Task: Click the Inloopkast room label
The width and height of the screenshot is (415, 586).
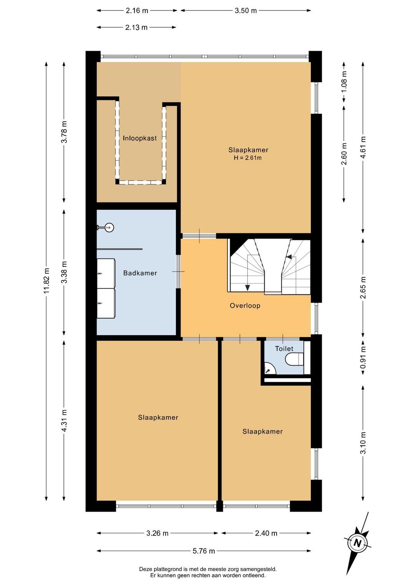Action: (x=140, y=138)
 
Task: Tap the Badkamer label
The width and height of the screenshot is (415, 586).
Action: (x=140, y=273)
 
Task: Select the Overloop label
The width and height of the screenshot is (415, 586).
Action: (x=245, y=306)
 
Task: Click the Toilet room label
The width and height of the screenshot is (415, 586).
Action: (x=284, y=348)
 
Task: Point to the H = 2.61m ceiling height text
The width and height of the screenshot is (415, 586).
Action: (x=248, y=158)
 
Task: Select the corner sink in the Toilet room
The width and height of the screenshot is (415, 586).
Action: (x=269, y=368)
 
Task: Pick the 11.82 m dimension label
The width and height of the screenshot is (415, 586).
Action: (x=46, y=281)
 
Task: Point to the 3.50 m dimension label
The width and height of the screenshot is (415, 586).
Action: (x=246, y=11)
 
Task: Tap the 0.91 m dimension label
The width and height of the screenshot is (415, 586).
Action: (x=363, y=358)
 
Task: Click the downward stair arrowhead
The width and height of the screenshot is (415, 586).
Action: (x=247, y=288)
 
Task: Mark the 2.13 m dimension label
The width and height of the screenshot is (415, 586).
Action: (x=136, y=28)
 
